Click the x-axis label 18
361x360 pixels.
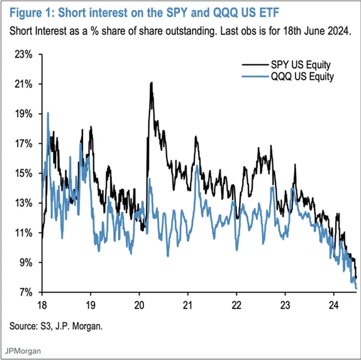pyautogui.click(x=42, y=305)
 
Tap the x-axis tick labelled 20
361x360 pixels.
pyautogui.click(x=138, y=305)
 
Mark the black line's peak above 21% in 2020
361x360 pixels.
pyautogui.click(x=151, y=82)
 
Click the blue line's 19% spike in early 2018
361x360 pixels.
pyautogui.click(x=48, y=113)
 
